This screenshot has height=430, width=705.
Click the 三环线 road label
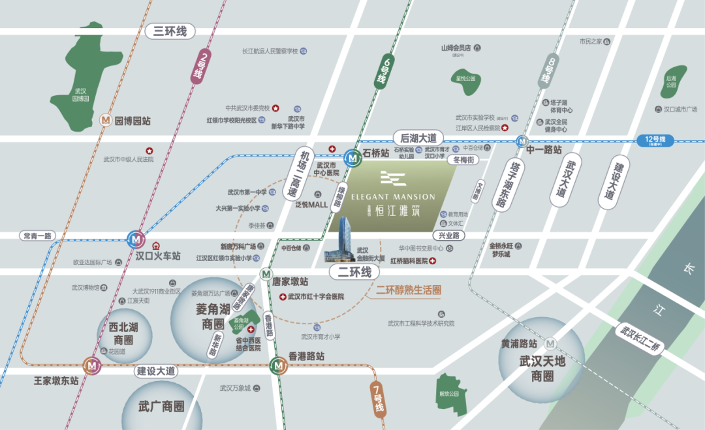170,31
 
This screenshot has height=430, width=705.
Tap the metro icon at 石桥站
352,157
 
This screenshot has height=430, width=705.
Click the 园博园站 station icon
105,121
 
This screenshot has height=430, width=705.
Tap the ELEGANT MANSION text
393,196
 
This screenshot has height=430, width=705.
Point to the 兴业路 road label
448,235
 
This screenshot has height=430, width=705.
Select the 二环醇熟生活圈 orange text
409,290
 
